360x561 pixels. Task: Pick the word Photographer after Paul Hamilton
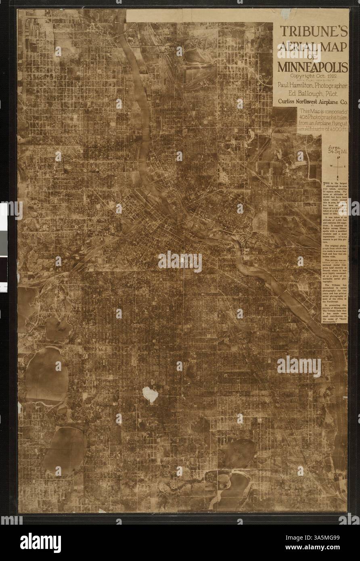click(x=330, y=85)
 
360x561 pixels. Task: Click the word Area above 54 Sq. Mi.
click(x=336, y=147)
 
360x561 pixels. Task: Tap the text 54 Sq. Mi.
click(x=336, y=153)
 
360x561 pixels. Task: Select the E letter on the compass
click(x=345, y=166)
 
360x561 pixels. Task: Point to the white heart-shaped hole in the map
click(x=150, y=394)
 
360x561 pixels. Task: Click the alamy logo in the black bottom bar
click(x=40, y=542)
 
